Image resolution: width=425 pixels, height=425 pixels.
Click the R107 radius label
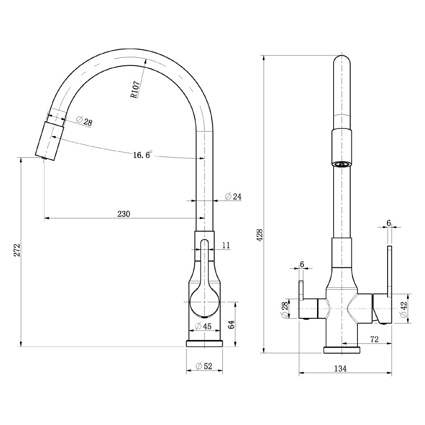click(135, 89)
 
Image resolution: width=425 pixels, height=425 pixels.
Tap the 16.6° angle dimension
click(142, 155)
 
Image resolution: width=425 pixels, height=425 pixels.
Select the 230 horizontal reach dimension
click(124, 214)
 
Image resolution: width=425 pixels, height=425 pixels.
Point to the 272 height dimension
click(17, 250)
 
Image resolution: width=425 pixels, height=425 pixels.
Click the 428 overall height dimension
click(260, 235)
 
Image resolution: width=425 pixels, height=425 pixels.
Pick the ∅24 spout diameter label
click(233, 196)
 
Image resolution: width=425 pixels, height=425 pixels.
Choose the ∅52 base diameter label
click(204, 366)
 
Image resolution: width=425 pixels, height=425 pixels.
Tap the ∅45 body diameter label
click(203, 326)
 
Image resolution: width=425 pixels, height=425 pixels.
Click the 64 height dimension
click(231, 324)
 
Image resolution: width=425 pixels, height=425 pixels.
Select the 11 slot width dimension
click(226, 245)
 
